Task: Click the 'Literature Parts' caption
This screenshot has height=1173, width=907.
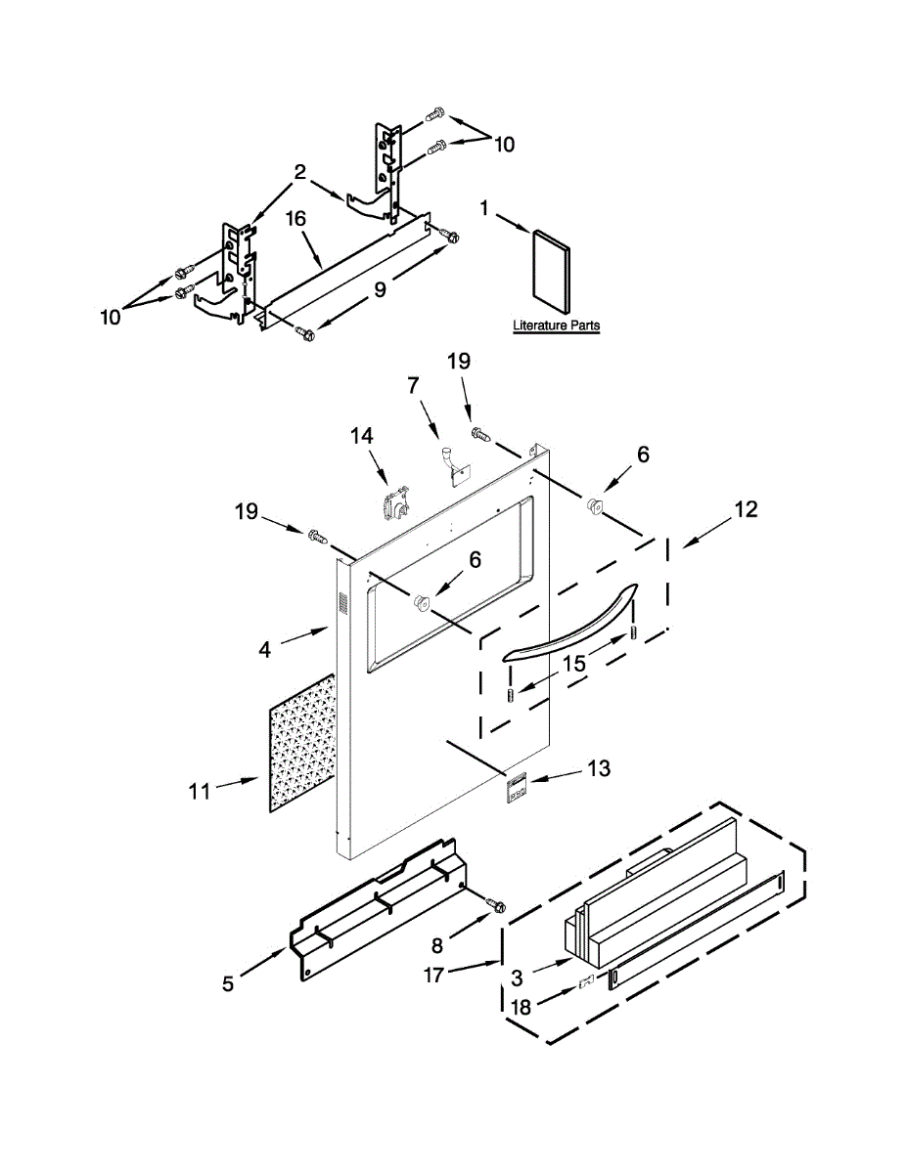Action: point(556,326)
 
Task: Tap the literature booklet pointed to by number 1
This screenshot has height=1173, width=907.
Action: point(548,266)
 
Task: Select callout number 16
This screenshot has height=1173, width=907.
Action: point(296,219)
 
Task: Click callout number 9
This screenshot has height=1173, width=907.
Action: point(380,288)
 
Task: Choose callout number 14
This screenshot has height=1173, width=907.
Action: point(363,436)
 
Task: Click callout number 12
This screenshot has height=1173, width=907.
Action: point(746,509)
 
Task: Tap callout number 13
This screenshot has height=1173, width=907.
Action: point(598,769)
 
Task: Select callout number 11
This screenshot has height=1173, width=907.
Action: point(200,791)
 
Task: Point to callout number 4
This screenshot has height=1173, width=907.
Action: point(265,647)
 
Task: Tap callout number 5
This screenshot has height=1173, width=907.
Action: point(227,983)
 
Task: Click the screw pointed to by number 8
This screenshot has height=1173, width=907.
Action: point(497,907)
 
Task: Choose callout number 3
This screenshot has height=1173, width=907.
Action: point(517,977)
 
